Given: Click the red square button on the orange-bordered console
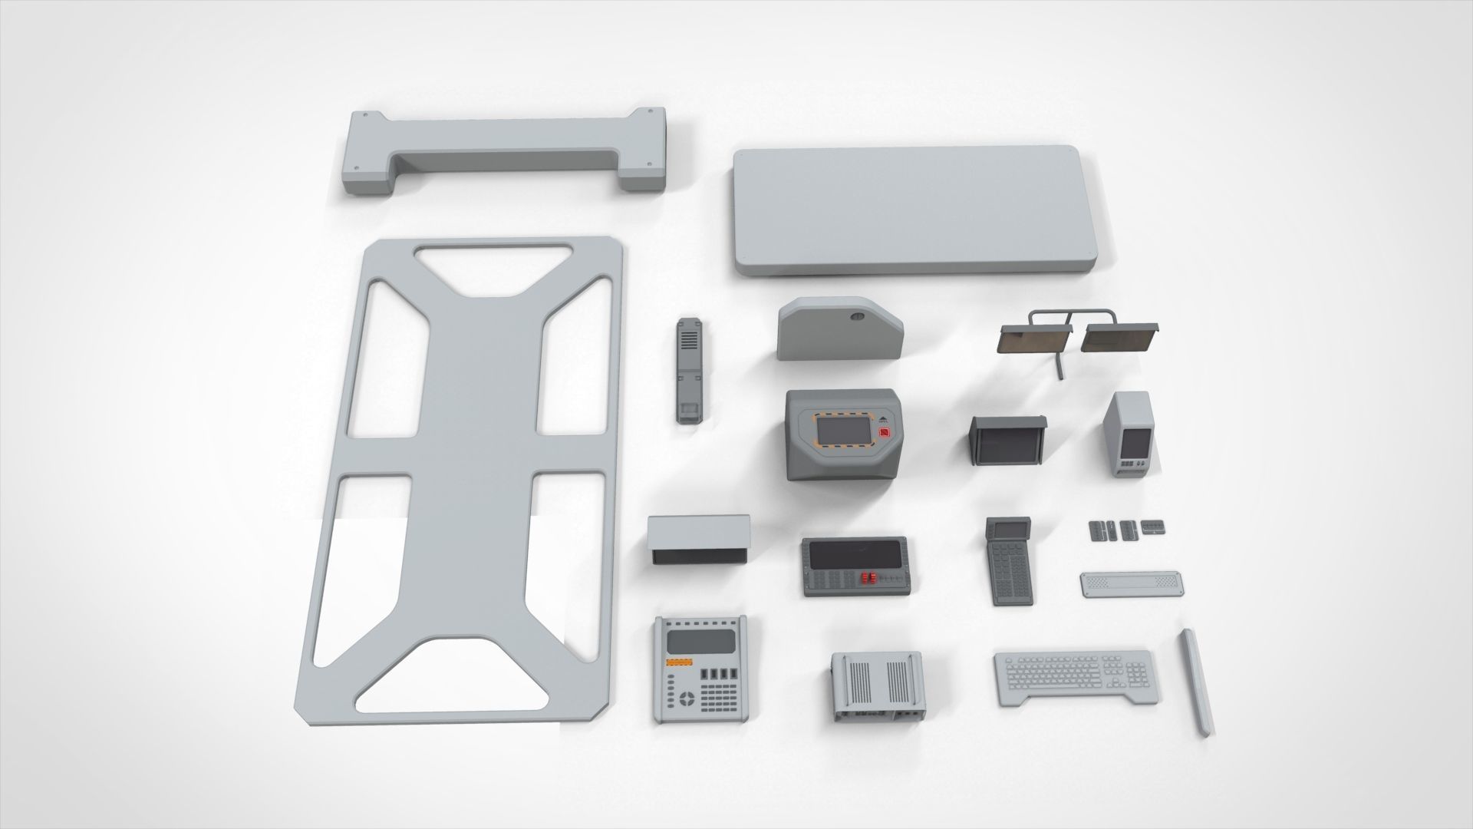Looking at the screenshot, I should [884, 432].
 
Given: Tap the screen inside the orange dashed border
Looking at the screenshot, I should [842, 432].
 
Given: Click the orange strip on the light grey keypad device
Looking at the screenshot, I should [679, 662].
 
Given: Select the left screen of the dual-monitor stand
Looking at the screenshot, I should [1034, 338].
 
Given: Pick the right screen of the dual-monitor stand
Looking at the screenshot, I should [1120, 338].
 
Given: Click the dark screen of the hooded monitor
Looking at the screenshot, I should [1005, 444].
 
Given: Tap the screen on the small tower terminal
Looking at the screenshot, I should [1133, 442].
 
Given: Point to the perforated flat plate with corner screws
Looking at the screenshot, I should [1132, 583].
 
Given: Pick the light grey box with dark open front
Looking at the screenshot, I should [699, 540].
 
